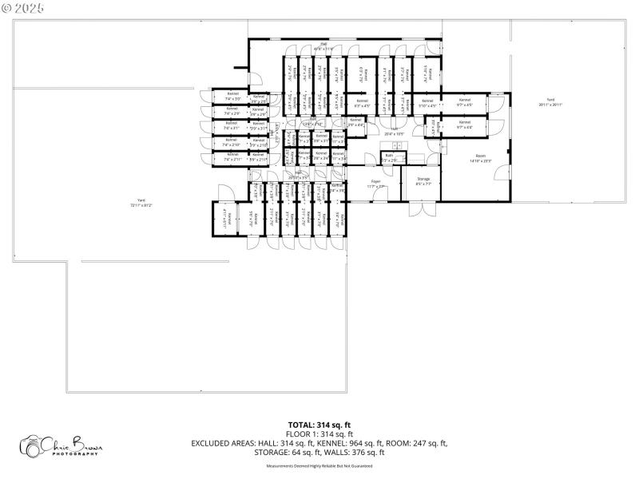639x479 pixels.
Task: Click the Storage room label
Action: point(423,180)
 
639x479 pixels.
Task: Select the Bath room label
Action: point(390,158)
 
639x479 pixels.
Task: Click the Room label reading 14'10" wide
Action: point(481,158)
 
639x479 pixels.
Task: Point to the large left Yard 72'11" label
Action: point(141,204)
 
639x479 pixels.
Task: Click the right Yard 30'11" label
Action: point(550,102)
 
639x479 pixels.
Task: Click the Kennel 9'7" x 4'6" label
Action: point(464,125)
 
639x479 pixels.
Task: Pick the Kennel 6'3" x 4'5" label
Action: point(362,103)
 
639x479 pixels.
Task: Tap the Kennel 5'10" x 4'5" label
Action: point(428,103)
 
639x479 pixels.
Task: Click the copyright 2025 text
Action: point(23,7)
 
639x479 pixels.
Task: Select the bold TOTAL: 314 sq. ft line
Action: point(319,425)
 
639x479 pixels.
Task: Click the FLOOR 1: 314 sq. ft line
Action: point(319,433)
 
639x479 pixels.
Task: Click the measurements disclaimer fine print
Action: point(319,465)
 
